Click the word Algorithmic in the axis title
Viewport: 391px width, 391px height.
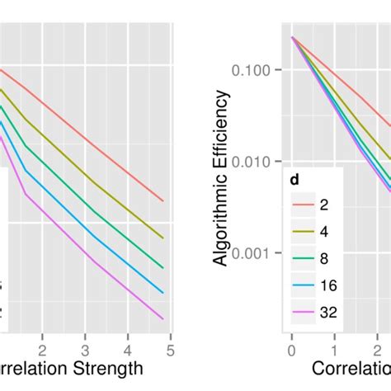pyautogui.click(x=221, y=222)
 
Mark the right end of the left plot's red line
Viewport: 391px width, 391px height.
pyautogui.click(x=163, y=200)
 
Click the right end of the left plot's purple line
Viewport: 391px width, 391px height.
pyautogui.click(x=163, y=318)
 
